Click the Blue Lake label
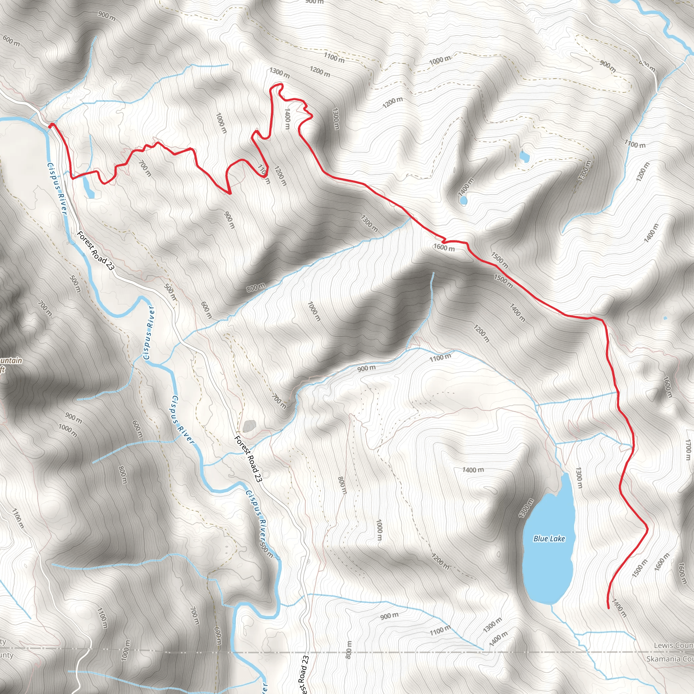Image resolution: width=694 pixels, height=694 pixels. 549,538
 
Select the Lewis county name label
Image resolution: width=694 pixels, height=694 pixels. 673,646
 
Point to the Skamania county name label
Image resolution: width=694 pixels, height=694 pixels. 670,659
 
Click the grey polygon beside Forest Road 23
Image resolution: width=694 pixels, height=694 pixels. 249,426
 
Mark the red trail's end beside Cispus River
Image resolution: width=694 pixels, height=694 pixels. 51,125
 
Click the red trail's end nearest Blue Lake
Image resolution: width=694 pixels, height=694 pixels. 608,608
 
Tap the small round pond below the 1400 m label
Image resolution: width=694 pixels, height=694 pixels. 463,201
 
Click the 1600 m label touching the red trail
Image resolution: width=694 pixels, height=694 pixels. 444,247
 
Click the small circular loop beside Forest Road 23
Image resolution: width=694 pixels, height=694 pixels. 266,475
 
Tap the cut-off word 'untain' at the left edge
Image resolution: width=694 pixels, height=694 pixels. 11,360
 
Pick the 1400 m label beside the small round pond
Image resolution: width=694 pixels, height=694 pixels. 466,187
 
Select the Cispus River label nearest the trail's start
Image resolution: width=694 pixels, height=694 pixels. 57,188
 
